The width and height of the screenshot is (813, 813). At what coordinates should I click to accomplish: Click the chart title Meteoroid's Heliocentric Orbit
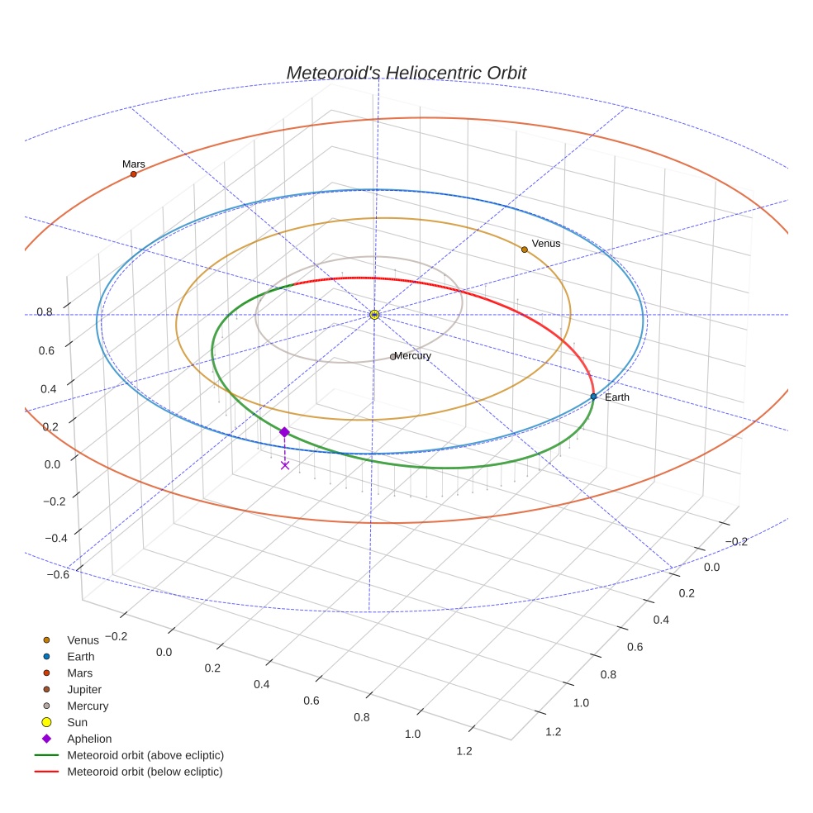[406, 73]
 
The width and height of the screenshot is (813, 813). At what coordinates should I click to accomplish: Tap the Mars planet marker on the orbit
[133, 174]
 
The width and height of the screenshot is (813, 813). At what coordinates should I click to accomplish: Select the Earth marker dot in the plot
[593, 397]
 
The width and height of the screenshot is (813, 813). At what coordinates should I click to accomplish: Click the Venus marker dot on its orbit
[524, 250]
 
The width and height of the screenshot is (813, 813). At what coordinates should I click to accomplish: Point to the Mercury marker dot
[392, 357]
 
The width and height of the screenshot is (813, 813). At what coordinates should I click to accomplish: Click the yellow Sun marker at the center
[374, 315]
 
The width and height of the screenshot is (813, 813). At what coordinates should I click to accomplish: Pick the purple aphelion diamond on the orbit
[284, 432]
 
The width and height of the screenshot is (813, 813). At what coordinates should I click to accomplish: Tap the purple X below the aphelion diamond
[285, 465]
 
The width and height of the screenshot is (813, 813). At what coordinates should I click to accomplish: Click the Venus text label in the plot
[546, 244]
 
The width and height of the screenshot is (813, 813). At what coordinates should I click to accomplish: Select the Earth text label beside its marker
[617, 397]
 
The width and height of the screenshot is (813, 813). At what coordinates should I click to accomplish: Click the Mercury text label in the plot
[413, 356]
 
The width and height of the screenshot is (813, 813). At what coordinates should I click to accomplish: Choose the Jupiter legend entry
[84, 689]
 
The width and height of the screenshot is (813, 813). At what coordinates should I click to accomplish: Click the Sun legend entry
[77, 722]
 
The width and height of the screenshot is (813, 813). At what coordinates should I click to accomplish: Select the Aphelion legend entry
[88, 739]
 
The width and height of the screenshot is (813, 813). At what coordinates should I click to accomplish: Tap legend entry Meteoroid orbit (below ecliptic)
[145, 772]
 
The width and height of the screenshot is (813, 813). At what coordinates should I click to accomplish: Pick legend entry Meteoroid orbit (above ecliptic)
[145, 755]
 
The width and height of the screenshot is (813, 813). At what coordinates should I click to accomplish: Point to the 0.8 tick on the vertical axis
[45, 312]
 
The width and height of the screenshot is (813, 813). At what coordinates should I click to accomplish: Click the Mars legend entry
[79, 673]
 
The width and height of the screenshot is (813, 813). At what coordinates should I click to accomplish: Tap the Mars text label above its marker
[134, 164]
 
